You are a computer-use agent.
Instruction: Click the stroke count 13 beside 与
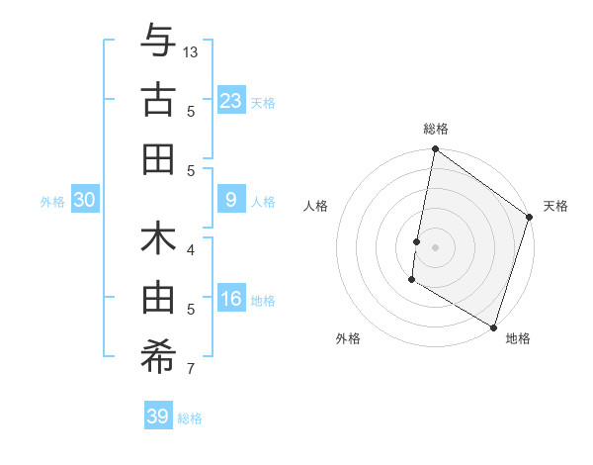191,51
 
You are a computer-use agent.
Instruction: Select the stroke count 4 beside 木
191,249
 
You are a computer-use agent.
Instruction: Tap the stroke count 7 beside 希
191,369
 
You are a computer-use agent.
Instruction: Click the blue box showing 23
230,100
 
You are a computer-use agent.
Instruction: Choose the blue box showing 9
230,200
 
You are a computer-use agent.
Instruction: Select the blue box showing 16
230,299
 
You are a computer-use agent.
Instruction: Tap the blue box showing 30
84,200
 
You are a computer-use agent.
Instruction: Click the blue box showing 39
158,417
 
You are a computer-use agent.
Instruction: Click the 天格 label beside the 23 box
263,102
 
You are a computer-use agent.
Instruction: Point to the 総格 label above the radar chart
435,129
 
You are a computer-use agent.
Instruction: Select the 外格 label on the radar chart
347,338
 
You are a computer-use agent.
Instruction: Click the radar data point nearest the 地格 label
493,326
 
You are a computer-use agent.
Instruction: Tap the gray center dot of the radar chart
435,245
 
